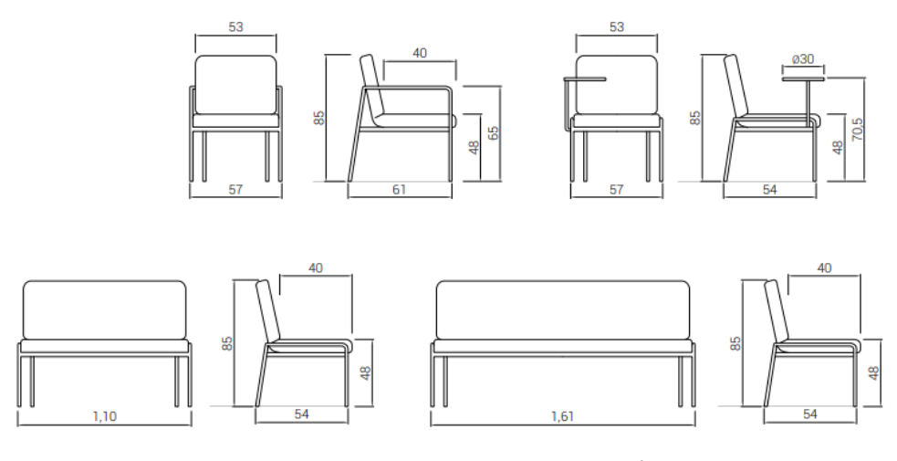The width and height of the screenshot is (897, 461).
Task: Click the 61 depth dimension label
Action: pyautogui.click(x=399, y=189)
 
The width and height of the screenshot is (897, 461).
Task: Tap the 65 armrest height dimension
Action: pyautogui.click(x=493, y=132)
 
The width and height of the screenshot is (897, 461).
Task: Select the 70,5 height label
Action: pyautogui.click(x=857, y=130)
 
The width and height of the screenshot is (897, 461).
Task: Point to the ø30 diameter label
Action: pyautogui.click(x=803, y=59)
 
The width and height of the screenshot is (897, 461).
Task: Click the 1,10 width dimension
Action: pyautogui.click(x=105, y=416)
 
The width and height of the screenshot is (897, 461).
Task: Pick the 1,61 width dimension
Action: pyautogui.click(x=562, y=416)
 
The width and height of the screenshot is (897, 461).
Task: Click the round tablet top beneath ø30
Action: pyautogui.click(x=803, y=79)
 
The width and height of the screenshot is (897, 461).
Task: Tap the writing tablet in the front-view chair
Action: pyautogui.click(x=584, y=79)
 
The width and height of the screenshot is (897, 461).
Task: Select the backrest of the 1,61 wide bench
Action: pyautogui.click(x=563, y=309)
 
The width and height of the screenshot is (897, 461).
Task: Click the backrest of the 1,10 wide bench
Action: pyautogui.click(x=105, y=309)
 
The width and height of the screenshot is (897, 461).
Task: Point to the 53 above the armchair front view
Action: pyautogui.click(x=235, y=26)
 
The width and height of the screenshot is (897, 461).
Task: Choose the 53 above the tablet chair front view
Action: pyautogui.click(x=617, y=26)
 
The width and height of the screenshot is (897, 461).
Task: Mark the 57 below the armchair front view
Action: pyautogui.click(x=235, y=189)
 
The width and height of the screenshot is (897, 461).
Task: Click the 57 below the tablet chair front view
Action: pyautogui.click(x=616, y=189)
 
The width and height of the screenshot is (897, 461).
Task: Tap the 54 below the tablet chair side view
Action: pyautogui.click(x=770, y=189)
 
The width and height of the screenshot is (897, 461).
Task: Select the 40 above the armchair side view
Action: pyautogui.click(x=420, y=53)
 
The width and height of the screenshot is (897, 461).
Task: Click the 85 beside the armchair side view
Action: pyautogui.click(x=319, y=117)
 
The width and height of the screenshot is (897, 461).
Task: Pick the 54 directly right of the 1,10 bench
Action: pyautogui.click(x=301, y=414)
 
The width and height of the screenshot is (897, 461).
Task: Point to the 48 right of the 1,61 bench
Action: pyautogui.click(x=873, y=373)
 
